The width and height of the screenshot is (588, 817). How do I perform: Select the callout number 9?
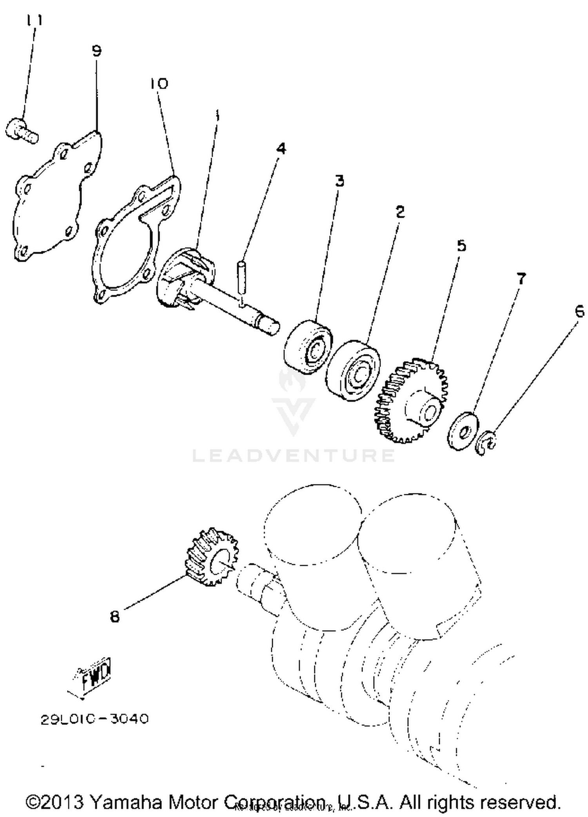(96, 51)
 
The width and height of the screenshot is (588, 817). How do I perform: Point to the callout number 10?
(158, 83)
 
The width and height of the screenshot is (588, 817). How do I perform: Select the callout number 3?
(339, 181)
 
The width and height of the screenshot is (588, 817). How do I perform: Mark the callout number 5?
(461, 246)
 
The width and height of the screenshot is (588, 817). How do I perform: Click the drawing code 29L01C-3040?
(94, 719)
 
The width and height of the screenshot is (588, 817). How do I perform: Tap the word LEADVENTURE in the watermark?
(293, 455)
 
